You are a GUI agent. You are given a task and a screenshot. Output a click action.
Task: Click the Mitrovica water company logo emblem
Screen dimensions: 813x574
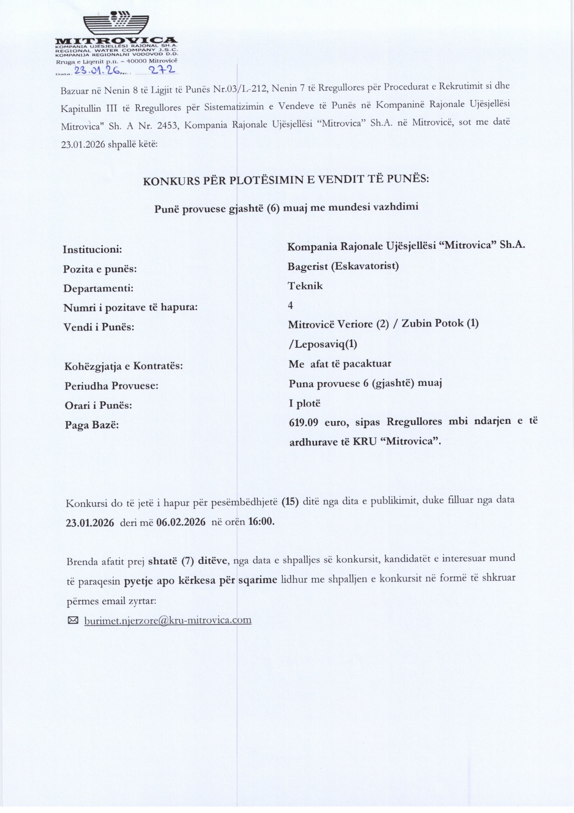pos(116,23)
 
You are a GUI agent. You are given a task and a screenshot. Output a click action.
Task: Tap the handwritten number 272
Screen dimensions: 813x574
pos(161,70)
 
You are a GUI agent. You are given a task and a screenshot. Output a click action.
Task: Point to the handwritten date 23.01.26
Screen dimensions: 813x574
pos(97,71)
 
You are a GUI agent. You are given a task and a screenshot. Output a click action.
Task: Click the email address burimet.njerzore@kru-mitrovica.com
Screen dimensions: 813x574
pos(168,620)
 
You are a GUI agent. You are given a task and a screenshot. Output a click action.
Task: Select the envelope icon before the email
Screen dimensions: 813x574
pos(73,620)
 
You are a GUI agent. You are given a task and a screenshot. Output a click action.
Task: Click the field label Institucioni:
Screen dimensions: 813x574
pos(93,250)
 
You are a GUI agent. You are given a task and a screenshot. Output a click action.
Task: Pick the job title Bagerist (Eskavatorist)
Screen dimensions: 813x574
pos(343,266)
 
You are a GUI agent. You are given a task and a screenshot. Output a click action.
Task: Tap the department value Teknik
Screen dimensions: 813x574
pos(305,286)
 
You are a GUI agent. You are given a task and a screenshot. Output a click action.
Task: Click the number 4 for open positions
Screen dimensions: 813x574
pos(290,305)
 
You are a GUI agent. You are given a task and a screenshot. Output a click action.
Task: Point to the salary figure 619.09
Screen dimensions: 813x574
pos(303,422)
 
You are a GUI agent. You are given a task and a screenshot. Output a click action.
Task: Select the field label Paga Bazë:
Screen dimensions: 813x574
pos(92,425)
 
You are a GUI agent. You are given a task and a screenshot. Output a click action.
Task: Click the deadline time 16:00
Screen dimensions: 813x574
pos(261,521)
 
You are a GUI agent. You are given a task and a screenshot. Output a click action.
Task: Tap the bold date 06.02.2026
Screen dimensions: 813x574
pos(181,522)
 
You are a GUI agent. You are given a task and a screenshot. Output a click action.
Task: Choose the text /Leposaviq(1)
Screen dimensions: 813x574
pos(323,344)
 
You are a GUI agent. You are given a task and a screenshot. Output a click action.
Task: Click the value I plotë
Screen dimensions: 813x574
pos(305,403)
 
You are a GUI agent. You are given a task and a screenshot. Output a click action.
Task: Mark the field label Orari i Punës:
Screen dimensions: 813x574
pos(98,406)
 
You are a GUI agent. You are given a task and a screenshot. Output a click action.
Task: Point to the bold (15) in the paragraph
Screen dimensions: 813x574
pos(290,501)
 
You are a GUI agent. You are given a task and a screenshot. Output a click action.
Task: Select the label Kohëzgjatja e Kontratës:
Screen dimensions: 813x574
pos(124,366)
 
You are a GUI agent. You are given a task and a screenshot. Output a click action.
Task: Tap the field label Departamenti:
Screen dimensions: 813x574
pos(98,288)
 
